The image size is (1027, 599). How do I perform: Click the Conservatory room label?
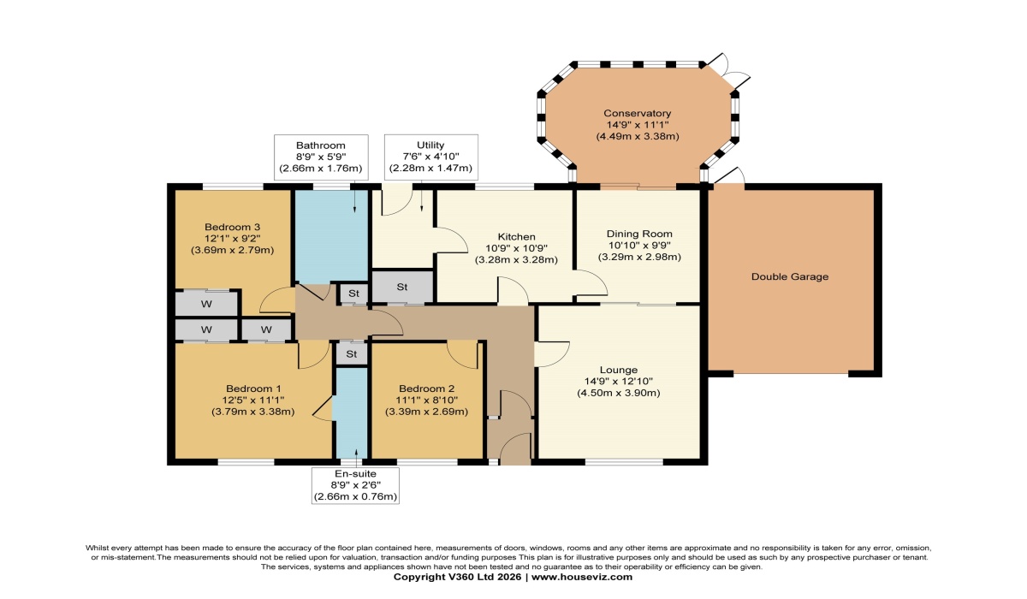[637, 113]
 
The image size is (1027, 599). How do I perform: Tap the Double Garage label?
[789, 276]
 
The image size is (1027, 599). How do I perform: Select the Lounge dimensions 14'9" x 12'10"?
[619, 382]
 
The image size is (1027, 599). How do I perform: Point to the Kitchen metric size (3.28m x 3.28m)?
[516, 260]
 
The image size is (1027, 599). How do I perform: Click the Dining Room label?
[639, 234]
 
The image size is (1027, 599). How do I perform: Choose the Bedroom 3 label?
[233, 227]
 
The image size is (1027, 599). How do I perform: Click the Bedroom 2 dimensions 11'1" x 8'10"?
[426, 400]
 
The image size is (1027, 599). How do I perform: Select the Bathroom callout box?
[321, 157]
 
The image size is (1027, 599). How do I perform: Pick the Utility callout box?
[431, 157]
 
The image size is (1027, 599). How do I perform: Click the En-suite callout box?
[355, 486]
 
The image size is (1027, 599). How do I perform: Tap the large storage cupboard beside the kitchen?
[402, 287]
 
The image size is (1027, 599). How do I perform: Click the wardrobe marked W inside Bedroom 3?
[207, 304]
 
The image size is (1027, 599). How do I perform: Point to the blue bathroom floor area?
[331, 236]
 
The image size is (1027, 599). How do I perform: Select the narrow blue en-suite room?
[351, 412]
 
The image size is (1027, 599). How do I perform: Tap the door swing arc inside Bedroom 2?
[463, 355]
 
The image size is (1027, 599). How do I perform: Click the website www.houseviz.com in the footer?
[582, 577]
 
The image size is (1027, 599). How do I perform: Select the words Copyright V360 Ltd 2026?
[457, 577]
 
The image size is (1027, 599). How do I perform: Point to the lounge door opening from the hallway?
[552, 354]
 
